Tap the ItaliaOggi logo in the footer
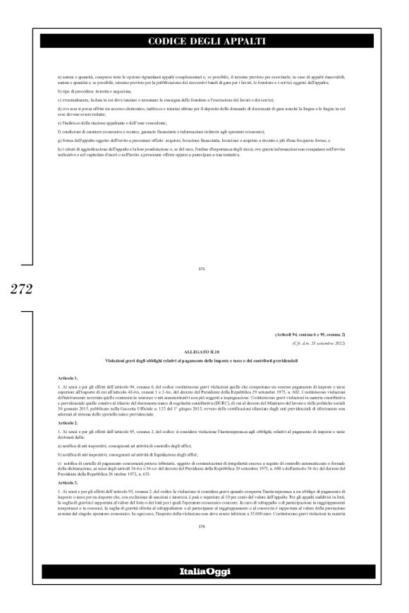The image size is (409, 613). (x=204, y=590)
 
